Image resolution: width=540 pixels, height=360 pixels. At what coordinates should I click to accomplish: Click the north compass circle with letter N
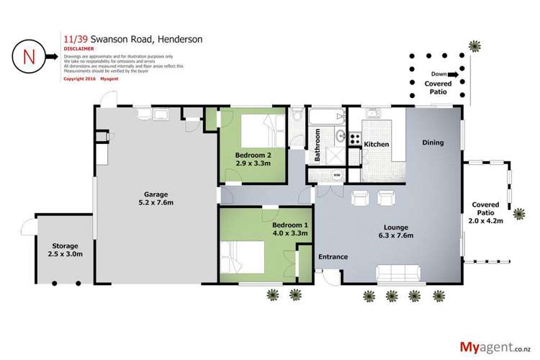[29, 55]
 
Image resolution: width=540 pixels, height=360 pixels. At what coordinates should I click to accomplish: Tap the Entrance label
[333, 257]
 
